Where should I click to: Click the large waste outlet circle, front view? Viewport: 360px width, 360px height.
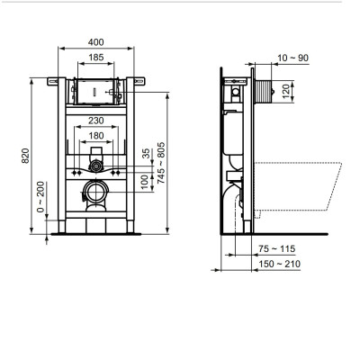pos(95,192)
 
